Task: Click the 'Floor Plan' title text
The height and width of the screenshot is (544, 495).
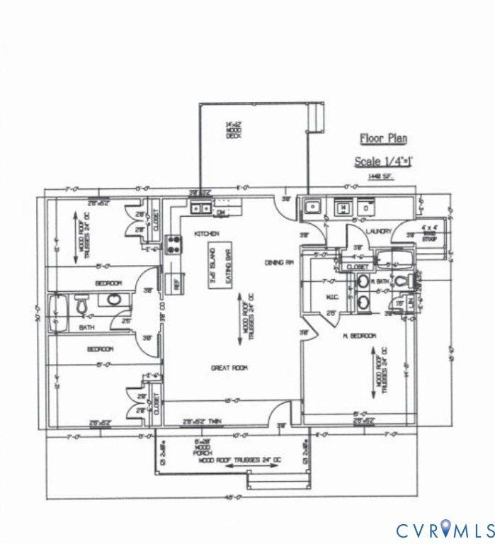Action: [x=383, y=139]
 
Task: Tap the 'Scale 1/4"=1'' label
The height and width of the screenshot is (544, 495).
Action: [x=383, y=161]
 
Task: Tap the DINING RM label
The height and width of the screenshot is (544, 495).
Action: [x=279, y=262]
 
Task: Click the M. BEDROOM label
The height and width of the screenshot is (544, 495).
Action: [x=358, y=335]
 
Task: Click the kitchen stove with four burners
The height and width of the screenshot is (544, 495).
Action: [x=172, y=245]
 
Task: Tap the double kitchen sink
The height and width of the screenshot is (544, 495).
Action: [x=200, y=208]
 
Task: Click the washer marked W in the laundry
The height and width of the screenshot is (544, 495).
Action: [x=343, y=208]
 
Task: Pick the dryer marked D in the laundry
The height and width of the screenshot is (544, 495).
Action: [x=366, y=208]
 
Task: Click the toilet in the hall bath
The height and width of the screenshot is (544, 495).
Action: [x=82, y=305]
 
